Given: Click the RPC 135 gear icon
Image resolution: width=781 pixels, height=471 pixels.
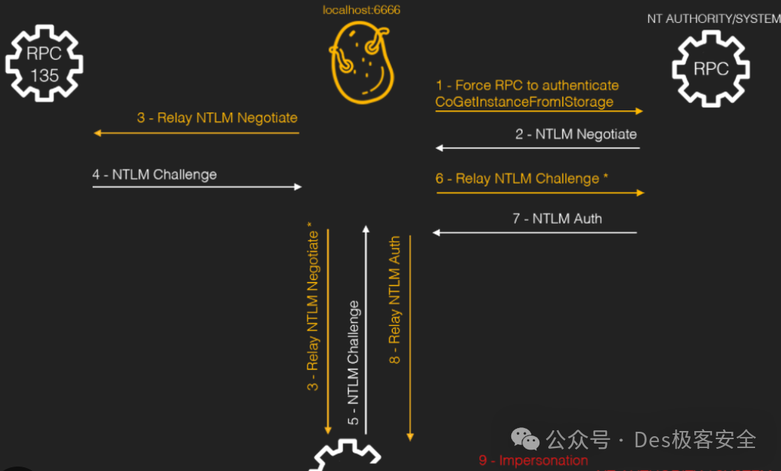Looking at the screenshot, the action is point(44,64).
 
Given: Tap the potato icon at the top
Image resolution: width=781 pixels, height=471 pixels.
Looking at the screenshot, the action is point(361,64).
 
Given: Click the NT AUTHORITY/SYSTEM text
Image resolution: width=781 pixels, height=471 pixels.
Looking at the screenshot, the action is point(713,19).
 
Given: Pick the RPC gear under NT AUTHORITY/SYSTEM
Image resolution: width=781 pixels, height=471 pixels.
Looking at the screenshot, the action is point(711,68).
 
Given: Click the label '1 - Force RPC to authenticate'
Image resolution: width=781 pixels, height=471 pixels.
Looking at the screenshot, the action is point(527,85).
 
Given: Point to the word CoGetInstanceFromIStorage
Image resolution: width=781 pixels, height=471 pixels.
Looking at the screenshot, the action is point(525,101).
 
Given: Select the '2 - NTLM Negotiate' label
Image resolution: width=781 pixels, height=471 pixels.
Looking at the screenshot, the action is point(576,134).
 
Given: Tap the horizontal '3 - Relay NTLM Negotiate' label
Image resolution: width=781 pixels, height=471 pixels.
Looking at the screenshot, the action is point(217,117).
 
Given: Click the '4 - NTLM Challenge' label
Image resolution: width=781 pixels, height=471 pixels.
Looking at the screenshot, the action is point(155,174).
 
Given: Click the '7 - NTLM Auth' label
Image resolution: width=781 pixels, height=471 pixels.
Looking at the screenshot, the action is point(557,218).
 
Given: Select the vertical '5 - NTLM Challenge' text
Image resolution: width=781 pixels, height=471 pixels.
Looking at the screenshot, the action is point(353,363).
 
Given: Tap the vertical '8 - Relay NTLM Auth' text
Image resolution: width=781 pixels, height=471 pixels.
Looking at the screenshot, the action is point(395,300).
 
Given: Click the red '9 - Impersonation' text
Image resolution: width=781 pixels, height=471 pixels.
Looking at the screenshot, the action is point(534,461).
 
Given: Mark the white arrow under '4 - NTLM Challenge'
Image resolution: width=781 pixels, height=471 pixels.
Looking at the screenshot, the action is point(197,187).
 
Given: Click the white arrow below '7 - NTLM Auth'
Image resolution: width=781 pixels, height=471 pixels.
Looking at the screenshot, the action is point(535,233).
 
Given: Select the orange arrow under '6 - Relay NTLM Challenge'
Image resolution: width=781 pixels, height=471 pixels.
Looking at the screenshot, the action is point(540,193).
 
